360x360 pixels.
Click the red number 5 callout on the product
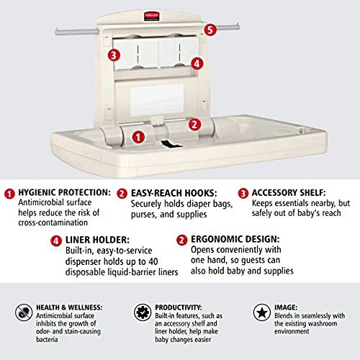(210, 30)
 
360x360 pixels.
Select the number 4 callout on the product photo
(197, 63)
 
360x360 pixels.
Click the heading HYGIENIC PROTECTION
(65, 193)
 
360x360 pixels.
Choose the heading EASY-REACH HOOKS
(168, 193)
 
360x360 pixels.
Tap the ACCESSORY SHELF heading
(287, 193)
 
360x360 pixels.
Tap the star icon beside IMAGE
(261, 312)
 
